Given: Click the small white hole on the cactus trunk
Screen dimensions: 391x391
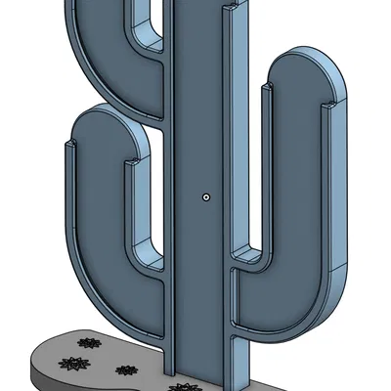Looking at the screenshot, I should tap(205, 196).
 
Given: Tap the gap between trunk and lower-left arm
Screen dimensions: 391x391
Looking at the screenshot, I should tap(145, 195).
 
